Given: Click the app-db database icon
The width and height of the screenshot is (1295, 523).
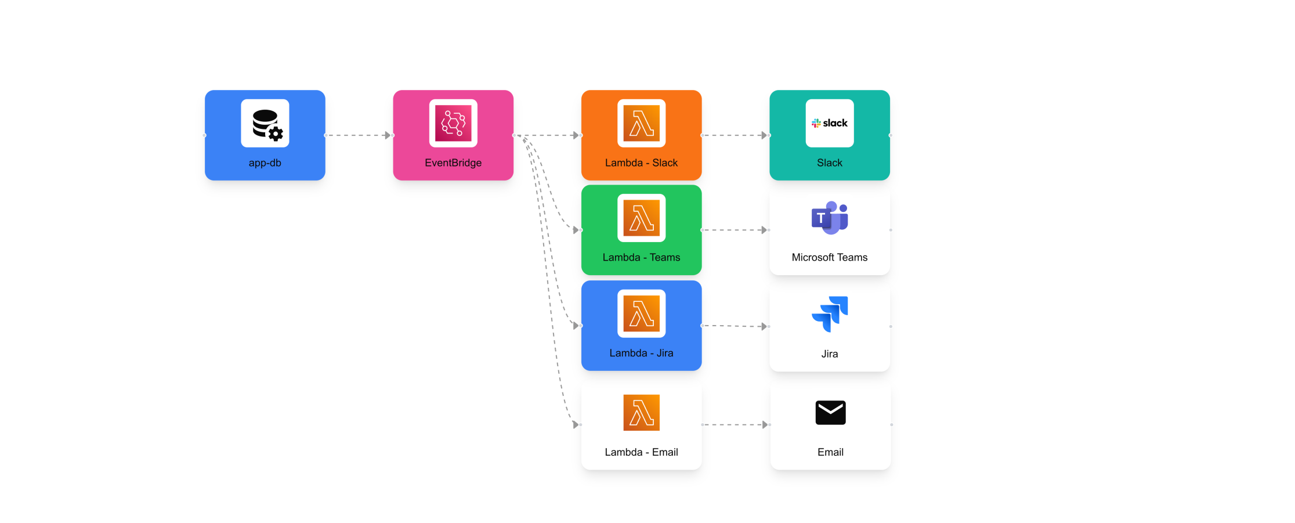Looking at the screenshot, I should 265,124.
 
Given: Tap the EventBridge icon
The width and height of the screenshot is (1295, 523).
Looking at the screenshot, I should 453,124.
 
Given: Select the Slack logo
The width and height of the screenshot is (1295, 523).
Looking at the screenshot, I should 830,123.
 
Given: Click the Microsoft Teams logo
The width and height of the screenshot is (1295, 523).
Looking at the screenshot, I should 830,218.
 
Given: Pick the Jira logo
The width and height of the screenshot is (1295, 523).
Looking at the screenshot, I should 830,314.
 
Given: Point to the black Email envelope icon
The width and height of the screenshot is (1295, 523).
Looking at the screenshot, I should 830,413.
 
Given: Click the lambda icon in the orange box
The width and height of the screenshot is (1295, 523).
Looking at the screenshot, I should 641,124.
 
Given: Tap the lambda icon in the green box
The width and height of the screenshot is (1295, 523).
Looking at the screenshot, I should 641,218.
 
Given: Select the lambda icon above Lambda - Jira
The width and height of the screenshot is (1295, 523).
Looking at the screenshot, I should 641,313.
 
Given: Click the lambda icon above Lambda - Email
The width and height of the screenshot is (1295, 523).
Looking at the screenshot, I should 641,413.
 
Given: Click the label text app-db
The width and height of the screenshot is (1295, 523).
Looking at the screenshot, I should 265,163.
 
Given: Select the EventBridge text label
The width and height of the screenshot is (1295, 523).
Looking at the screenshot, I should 453,163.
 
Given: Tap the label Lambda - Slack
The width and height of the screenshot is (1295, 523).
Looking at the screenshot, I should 641,163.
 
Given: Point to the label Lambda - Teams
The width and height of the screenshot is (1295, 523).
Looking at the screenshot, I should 641,258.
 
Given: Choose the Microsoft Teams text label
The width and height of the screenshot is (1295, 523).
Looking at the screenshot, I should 830,258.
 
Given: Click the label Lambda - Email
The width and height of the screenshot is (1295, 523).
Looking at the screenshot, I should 641,452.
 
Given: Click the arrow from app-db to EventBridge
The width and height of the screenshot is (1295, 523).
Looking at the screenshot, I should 359,135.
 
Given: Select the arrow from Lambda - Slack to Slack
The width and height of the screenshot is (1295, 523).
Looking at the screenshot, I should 735,135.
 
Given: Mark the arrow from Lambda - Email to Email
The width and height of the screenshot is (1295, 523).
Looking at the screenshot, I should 735,425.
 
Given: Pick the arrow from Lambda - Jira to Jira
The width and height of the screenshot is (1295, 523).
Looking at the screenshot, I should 735,326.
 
